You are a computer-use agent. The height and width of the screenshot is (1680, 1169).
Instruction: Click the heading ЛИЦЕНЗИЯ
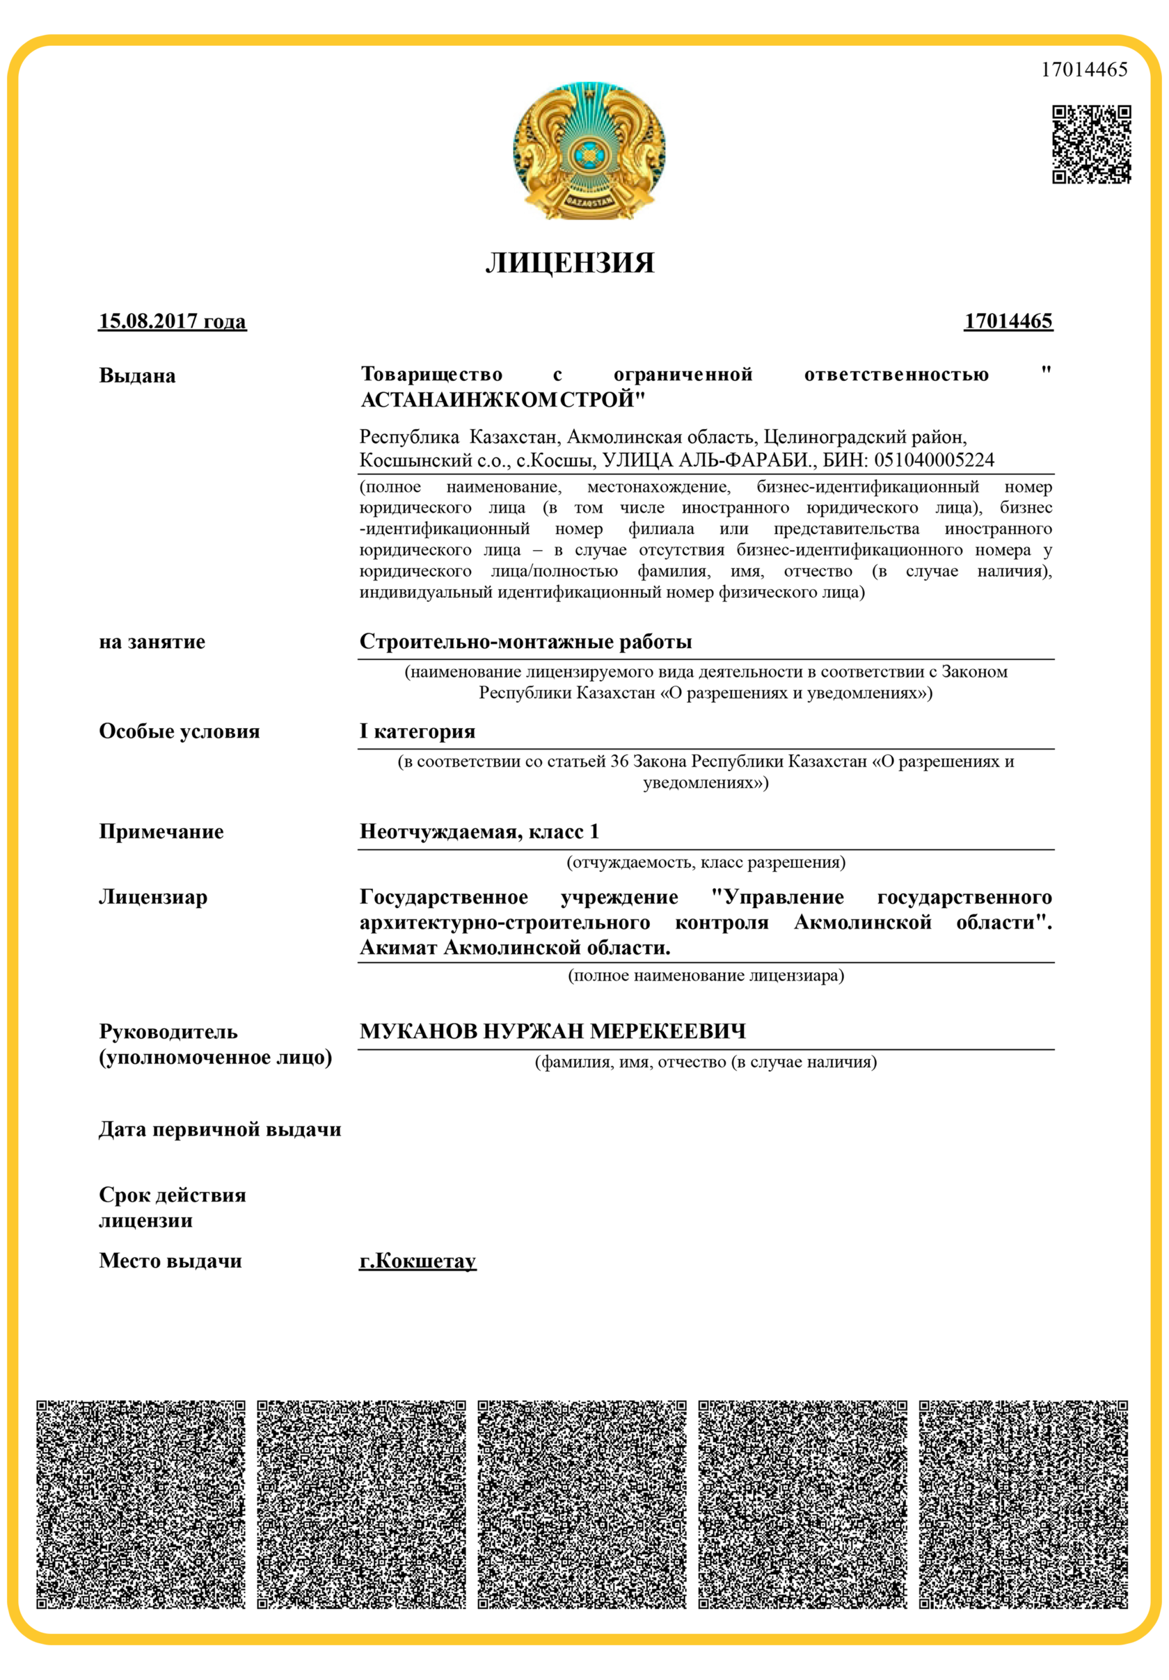(569, 264)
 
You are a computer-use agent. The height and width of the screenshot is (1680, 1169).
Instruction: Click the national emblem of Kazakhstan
(589, 150)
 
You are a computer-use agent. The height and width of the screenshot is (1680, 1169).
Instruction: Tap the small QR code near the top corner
(1090, 144)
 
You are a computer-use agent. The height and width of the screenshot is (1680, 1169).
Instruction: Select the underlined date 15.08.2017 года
(172, 321)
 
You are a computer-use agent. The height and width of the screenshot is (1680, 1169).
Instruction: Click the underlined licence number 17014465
(1008, 321)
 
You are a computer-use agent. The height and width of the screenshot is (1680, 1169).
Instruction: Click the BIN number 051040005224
(934, 460)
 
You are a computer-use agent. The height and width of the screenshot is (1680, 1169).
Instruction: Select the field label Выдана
(137, 376)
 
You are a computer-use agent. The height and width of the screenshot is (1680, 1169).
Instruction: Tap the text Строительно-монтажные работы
(525, 642)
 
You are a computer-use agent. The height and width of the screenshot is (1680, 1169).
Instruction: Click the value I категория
(417, 732)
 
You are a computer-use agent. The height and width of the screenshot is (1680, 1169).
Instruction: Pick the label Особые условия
(180, 732)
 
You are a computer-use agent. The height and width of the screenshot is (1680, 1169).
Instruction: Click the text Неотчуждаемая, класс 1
(479, 832)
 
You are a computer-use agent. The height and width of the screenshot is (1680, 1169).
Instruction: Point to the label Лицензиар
(153, 897)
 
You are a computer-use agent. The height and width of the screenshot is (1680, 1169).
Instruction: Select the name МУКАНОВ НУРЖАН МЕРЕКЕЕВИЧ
(552, 1032)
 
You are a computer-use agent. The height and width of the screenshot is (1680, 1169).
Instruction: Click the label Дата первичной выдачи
(220, 1130)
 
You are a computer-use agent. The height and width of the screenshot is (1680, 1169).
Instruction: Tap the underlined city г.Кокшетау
(417, 1261)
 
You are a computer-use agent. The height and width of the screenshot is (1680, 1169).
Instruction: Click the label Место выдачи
(170, 1261)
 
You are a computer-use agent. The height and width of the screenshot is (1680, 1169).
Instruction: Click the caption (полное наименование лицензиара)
(706, 976)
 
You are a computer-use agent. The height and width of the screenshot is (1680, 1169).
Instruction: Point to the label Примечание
(161, 832)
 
